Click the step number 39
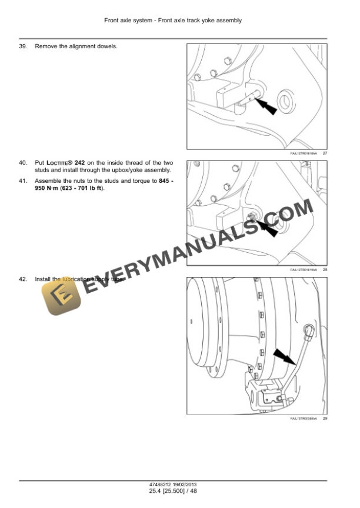(x=23, y=46)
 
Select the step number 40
(x=23, y=162)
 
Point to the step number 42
(x=23, y=279)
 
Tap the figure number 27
(x=325, y=153)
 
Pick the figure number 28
(x=325, y=269)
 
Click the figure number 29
(x=325, y=418)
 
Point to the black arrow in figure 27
(x=268, y=107)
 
